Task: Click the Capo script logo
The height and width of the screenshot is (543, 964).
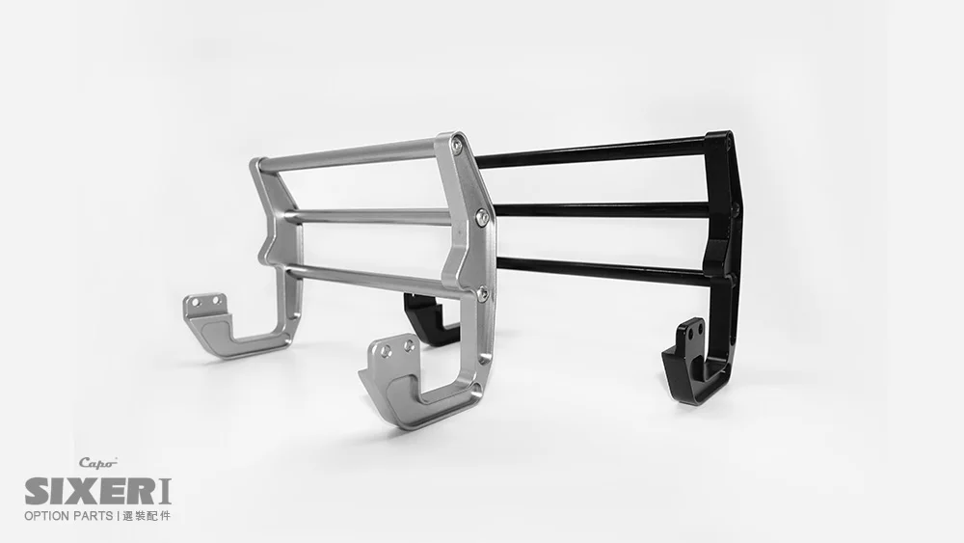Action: (x=97, y=463)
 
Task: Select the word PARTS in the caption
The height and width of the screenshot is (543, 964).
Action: (x=93, y=516)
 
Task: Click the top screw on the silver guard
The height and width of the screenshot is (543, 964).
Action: (x=456, y=144)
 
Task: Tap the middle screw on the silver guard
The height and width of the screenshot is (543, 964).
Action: (x=483, y=215)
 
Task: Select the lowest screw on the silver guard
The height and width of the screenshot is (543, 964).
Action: (x=482, y=293)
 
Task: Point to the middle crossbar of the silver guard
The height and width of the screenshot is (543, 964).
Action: (x=370, y=216)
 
